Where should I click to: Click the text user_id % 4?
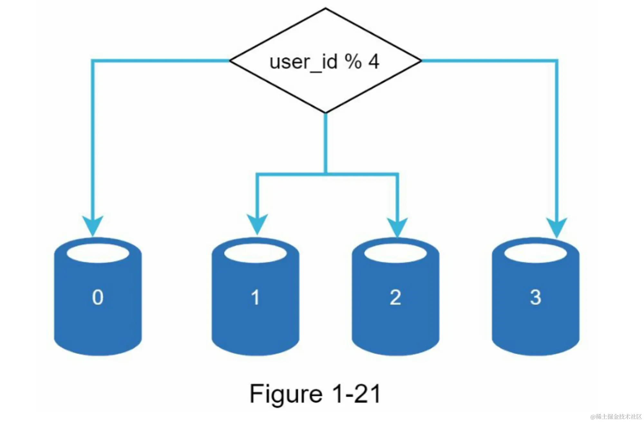pyautogui.click(x=325, y=62)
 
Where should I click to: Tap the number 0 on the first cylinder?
pyautogui.click(x=98, y=297)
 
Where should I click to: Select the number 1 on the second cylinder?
pyautogui.click(x=255, y=297)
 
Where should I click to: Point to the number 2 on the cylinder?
pyautogui.click(x=395, y=297)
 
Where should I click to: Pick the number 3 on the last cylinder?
pyautogui.click(x=535, y=297)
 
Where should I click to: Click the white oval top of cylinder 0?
pyautogui.click(x=98, y=253)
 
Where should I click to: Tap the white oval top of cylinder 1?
pyautogui.click(x=255, y=253)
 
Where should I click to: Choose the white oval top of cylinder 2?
pyautogui.click(x=395, y=253)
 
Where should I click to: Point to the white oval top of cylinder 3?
pyautogui.click(x=535, y=253)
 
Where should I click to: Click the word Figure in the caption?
pyautogui.click(x=286, y=394)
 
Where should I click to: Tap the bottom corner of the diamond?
pyautogui.click(x=326, y=112)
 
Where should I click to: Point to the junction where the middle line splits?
pyautogui.click(x=326, y=174)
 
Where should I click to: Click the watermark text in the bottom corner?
pyautogui.click(x=616, y=417)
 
